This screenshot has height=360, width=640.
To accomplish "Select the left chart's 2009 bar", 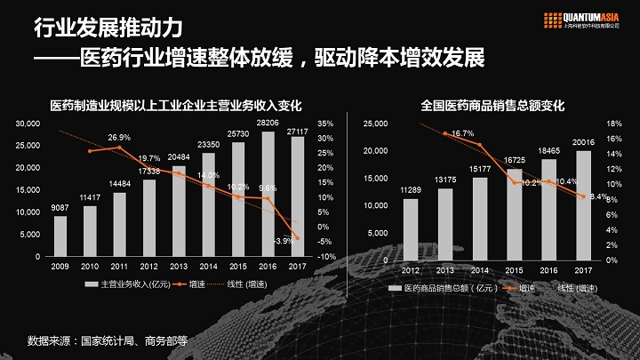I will (60, 236).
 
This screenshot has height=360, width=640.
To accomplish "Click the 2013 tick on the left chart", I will (179, 266).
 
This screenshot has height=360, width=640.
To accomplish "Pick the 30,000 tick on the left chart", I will (29, 124).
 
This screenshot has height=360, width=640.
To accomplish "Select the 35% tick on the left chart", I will (324, 124).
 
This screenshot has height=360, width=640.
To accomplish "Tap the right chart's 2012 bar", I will (411, 229).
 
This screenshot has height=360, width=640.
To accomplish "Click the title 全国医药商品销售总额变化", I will (492, 106).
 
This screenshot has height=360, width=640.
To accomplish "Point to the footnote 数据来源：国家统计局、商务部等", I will (108, 340).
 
